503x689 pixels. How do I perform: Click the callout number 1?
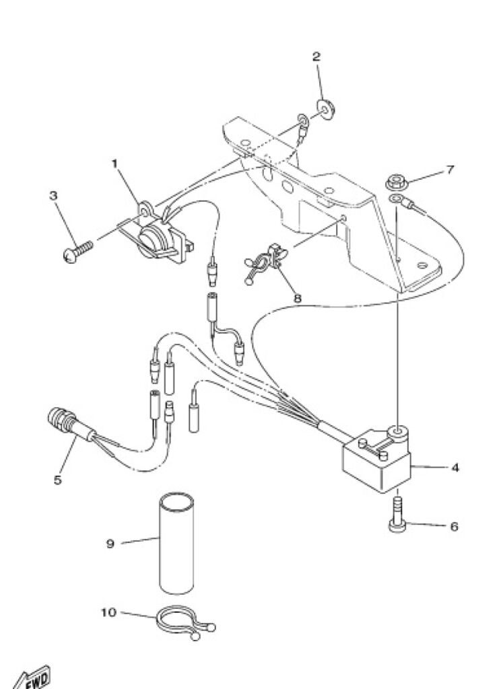pyautogui.click(x=114, y=164)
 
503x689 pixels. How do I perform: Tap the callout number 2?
pyautogui.click(x=316, y=57)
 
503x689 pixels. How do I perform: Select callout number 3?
pyautogui.click(x=53, y=196)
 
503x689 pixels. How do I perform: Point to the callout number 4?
pyautogui.click(x=455, y=468)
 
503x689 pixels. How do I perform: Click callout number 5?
pyautogui.click(x=58, y=480)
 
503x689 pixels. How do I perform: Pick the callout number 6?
pyautogui.click(x=455, y=526)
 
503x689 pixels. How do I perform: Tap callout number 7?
pyautogui.click(x=449, y=170)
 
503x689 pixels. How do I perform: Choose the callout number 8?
pyautogui.click(x=297, y=298)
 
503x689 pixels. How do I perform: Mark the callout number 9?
pyautogui.click(x=110, y=544)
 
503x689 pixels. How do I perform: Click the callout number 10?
pyautogui.click(x=108, y=612)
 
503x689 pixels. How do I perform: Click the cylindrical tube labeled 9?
pyautogui.click(x=176, y=543)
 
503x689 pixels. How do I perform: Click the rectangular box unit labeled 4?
pyautogui.click(x=377, y=462)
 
